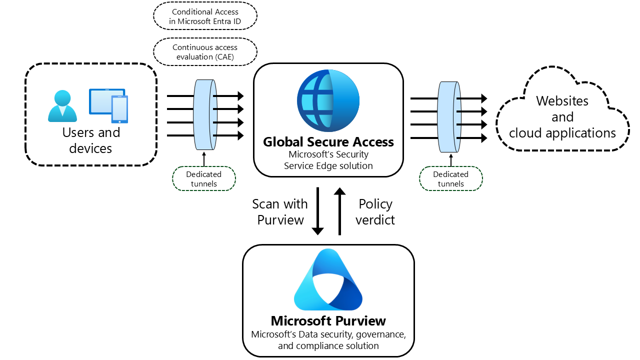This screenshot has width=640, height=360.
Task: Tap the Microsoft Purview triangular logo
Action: pyautogui.click(x=328, y=280)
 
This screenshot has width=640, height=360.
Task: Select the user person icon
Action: pyautogui.click(x=62, y=106)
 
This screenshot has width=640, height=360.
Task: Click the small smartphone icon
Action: pyautogui.click(x=119, y=109)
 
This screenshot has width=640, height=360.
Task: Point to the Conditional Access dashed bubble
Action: pyautogui.click(x=205, y=16)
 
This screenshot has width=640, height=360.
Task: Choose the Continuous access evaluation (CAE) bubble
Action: pyautogui.click(x=205, y=52)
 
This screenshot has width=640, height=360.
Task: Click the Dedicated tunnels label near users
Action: pyautogui.click(x=203, y=179)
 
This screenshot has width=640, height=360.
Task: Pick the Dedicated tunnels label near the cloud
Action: pyautogui.click(x=451, y=179)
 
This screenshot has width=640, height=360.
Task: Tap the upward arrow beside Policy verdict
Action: pyautogui.click(x=339, y=211)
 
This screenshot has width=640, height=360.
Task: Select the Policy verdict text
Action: pyautogui.click(x=375, y=212)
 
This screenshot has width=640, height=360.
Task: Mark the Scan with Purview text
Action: pyautogui.click(x=280, y=212)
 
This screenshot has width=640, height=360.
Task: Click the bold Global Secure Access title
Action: pyautogui.click(x=328, y=142)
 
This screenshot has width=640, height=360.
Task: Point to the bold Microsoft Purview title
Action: pyautogui.click(x=328, y=321)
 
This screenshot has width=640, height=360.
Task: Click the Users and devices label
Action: pyautogui.click(x=91, y=140)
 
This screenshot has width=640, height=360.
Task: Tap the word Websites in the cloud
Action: pyautogui.click(x=562, y=101)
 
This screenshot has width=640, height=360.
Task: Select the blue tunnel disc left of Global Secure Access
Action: pyautogui.click(x=203, y=115)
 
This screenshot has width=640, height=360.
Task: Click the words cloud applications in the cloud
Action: pyautogui.click(x=562, y=133)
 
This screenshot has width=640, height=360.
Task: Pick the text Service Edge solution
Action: pyautogui.click(x=328, y=166)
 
